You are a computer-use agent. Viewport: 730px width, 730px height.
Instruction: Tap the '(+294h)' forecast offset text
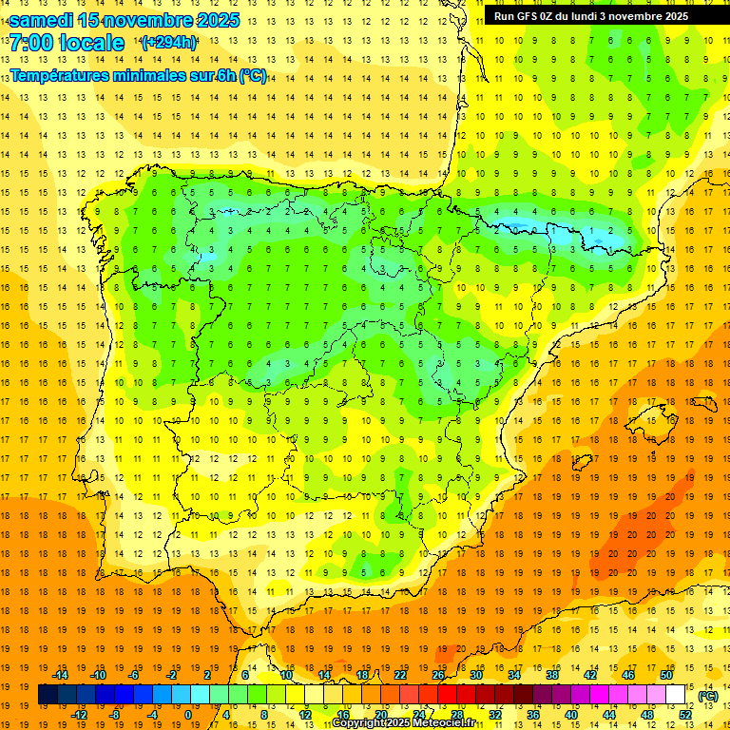coord(169,42)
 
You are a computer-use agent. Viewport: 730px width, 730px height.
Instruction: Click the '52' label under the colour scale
coord(685,715)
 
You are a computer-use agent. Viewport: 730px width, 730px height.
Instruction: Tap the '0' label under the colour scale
coord(189,715)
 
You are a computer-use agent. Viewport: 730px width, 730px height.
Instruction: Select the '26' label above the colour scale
coord(438,675)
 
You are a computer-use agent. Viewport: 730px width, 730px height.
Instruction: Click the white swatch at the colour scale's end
coord(676,695)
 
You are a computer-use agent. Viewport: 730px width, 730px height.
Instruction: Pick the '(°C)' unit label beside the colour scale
coord(708,696)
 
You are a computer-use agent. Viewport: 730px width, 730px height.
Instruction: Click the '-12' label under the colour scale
coord(79,715)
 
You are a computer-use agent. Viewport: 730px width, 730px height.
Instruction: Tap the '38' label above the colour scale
coord(552,675)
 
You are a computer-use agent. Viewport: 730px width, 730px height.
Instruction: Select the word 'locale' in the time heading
coord(91,43)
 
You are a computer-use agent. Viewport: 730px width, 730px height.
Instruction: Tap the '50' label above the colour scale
coord(666,675)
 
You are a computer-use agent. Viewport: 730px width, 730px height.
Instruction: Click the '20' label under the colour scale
coord(381,715)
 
